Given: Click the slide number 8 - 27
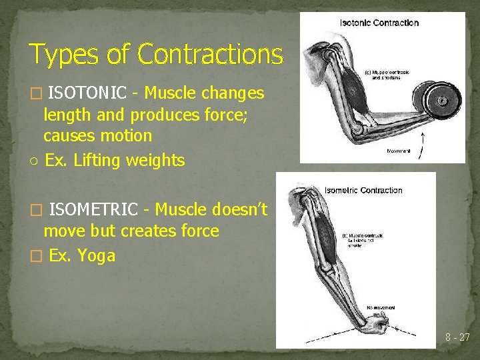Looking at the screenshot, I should pyautogui.click(x=457, y=338).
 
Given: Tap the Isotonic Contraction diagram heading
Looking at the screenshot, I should pyautogui.click(x=379, y=23).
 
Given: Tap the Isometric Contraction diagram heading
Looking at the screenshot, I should pyautogui.click(x=363, y=190).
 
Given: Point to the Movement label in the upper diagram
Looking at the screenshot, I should pyautogui.click(x=399, y=151).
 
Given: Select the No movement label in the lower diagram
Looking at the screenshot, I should pyautogui.click(x=381, y=308).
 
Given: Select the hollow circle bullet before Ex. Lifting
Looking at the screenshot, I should pyautogui.click(x=33, y=161).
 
